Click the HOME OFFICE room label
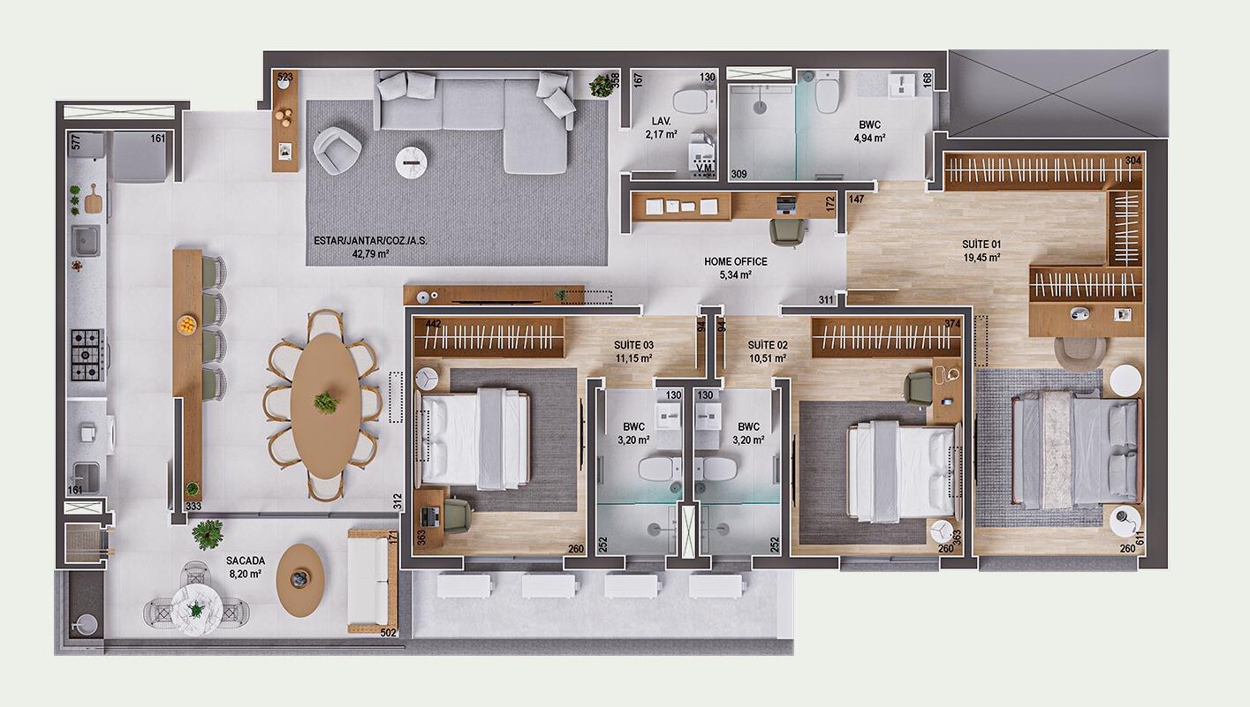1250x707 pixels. pos(735,261)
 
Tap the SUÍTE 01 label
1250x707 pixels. pos(981,244)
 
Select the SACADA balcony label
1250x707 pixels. pos(245,560)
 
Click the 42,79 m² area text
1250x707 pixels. pos(370,253)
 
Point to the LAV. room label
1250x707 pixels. pos(662,121)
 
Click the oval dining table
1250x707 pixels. pos(326,405)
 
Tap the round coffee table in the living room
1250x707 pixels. pos(412,162)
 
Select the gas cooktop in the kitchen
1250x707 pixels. pos(87,355)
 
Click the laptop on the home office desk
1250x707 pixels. pos(786,206)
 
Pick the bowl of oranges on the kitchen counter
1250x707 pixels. pos(186,325)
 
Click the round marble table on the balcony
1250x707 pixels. pos(196,609)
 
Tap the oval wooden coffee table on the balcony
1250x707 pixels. pos(300,580)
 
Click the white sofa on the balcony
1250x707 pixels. pos(373,581)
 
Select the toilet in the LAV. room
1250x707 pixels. pos(694,101)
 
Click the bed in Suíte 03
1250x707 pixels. pos(473,439)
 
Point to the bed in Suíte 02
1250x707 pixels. pos(902,471)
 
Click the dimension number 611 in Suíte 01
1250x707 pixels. pos(1140,538)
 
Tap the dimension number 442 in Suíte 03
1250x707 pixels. pos(433,324)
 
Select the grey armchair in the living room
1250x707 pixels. pos(337,151)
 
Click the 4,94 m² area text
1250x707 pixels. pos(869,138)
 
